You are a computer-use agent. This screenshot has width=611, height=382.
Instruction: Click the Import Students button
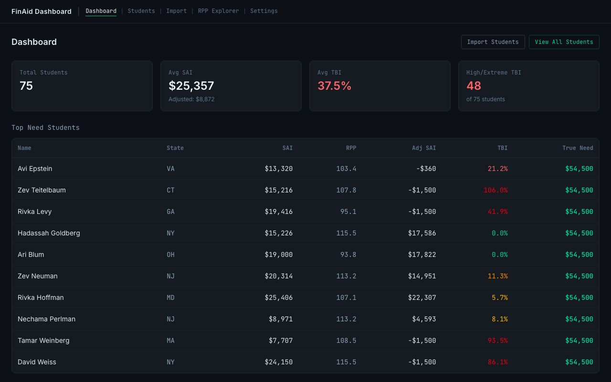[x=493, y=42]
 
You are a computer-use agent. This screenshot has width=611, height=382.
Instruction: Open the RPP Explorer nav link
[x=218, y=11]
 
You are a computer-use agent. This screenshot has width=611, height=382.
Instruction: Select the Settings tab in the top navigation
[x=263, y=11]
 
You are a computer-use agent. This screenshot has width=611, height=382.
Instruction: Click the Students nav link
[x=141, y=11]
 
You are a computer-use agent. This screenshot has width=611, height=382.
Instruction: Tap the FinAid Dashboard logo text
[x=42, y=11]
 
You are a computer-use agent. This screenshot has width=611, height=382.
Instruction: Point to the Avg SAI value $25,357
[x=191, y=86]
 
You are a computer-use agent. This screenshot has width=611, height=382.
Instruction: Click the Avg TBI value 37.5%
[x=334, y=86]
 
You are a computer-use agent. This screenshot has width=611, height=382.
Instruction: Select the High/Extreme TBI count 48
[x=474, y=86]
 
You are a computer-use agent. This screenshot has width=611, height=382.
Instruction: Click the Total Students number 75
[x=26, y=86]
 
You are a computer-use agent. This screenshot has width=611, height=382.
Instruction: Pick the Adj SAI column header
[x=424, y=148]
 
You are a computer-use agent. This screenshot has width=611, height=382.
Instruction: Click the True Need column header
[x=578, y=148]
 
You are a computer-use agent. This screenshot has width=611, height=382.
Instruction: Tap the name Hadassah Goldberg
[x=49, y=233]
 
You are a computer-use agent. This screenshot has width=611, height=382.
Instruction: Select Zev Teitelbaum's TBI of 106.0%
[x=495, y=190]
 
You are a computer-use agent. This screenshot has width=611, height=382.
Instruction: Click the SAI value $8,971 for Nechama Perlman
[x=281, y=319]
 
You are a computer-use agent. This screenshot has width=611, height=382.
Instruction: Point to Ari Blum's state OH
[x=170, y=255]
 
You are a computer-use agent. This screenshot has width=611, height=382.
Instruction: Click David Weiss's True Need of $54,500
[x=579, y=362]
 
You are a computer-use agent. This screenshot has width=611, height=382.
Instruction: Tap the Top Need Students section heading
[x=45, y=127]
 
